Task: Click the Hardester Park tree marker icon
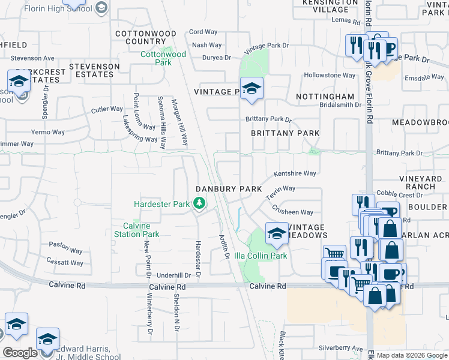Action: (199, 204)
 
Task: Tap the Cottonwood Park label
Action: (155, 58)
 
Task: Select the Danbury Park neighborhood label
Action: (229, 188)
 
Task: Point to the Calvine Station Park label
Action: (137, 230)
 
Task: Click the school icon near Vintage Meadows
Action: (277, 233)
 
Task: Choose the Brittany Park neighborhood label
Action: (285, 133)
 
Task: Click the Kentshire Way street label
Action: (295, 173)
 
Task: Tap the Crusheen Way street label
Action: (292, 211)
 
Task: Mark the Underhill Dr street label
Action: (173, 275)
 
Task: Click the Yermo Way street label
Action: (48, 132)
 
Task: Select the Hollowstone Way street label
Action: (330, 76)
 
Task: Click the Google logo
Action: (20, 353)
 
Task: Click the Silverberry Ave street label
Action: (341, 348)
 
